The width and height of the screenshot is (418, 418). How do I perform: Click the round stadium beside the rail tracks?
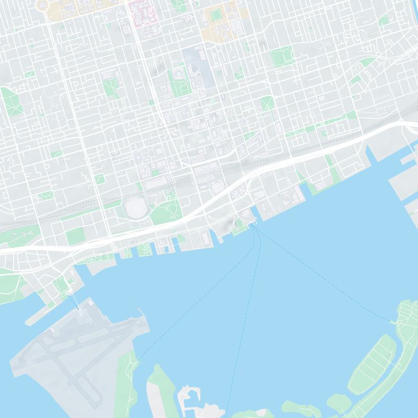137,208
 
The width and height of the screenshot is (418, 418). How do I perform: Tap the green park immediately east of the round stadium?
166,210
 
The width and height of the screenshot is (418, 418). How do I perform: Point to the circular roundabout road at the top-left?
42,5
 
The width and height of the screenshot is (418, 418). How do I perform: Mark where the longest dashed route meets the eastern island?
391,320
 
